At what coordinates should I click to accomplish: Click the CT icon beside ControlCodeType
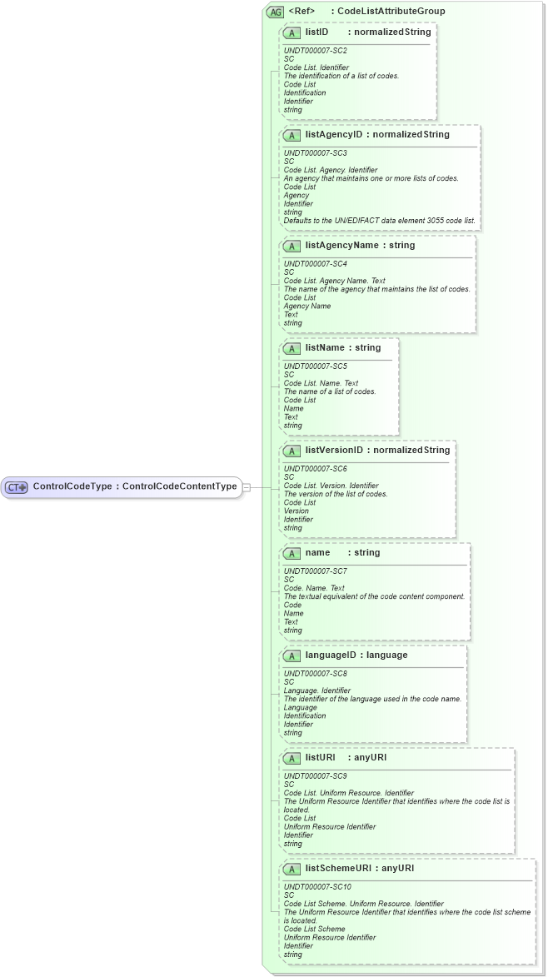tap(17, 487)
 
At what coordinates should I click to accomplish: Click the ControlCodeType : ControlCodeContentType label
tap(135, 486)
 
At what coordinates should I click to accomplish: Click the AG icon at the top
tap(274, 12)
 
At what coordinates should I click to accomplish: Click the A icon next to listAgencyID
tap(291, 135)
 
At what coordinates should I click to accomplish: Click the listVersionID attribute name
tap(334, 451)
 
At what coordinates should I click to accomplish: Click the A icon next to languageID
tap(291, 655)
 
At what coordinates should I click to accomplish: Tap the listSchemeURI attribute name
tap(337, 868)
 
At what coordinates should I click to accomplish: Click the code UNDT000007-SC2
tap(316, 51)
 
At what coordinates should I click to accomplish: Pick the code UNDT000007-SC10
tap(317, 887)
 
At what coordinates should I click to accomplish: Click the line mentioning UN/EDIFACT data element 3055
tap(380, 221)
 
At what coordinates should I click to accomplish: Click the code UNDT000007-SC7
tap(316, 571)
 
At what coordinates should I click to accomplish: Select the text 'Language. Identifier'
tap(317, 690)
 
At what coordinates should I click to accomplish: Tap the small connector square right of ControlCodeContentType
tap(246, 487)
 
